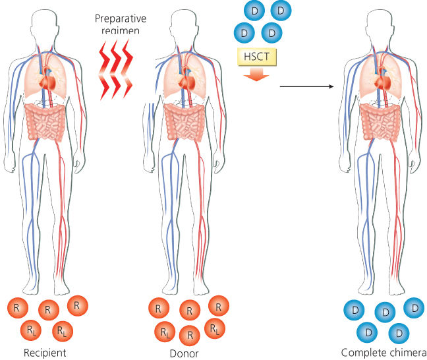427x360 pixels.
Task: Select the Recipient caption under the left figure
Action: click(x=45, y=351)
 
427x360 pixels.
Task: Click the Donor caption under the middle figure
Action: click(x=185, y=352)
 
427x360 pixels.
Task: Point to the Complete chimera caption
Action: click(x=384, y=351)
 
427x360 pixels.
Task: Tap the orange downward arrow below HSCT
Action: click(x=256, y=76)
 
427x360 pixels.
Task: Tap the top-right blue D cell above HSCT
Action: click(x=281, y=10)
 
